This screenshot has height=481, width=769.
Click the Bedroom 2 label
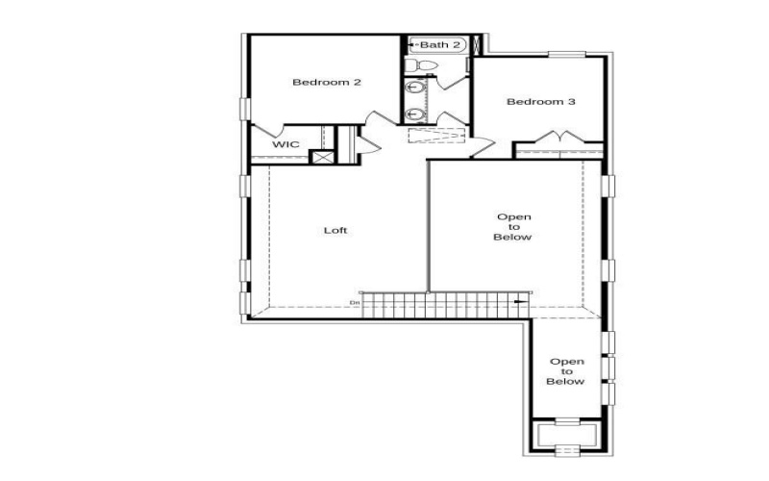point(327,82)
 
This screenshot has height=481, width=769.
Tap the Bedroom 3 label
point(541,102)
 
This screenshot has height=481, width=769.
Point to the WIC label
point(285,144)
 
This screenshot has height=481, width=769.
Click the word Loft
point(335,230)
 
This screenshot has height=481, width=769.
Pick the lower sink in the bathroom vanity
point(414,114)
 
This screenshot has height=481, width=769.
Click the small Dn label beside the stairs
point(355,302)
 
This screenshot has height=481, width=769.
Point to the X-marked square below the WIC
point(323,158)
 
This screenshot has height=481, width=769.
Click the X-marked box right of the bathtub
point(477,44)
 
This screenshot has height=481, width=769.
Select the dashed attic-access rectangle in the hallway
point(436,136)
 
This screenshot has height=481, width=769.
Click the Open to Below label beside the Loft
point(513,227)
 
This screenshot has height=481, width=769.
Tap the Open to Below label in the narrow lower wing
point(566,371)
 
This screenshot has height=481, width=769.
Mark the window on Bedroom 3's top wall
point(567,55)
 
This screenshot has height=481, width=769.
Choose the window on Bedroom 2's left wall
point(245,109)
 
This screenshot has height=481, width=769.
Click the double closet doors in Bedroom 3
point(560,137)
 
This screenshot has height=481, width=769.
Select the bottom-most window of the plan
point(567,449)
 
